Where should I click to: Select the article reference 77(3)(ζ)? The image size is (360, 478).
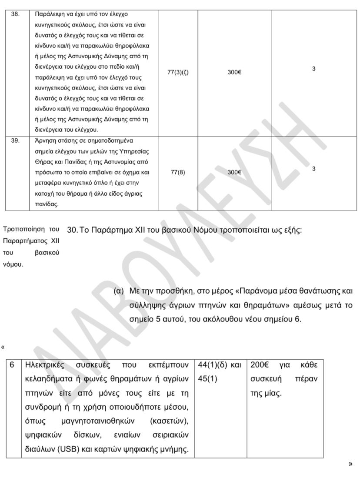tap(178, 72)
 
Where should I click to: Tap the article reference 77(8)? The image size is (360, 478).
tap(177, 172)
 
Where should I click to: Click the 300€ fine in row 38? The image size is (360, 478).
tap(234, 72)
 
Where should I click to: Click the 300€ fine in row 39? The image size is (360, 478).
tap(234, 172)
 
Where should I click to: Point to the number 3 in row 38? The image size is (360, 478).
tap(313, 69)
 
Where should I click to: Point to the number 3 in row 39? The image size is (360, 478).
tap(313, 169)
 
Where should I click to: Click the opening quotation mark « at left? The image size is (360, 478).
tap(3, 347)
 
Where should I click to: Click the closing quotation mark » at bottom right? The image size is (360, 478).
tap(350, 464)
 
